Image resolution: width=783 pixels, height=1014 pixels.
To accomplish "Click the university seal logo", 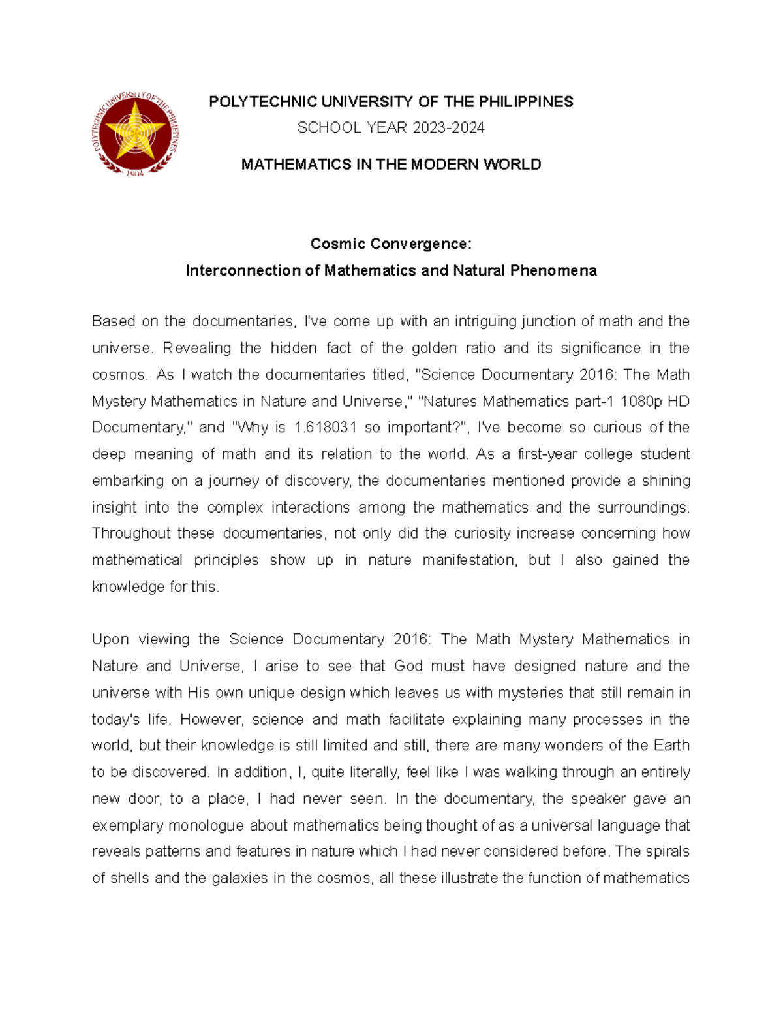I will [x=135, y=134].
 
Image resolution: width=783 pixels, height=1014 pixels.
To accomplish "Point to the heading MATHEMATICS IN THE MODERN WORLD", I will [x=391, y=165].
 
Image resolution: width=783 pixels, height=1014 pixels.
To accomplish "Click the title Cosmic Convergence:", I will [x=391, y=244].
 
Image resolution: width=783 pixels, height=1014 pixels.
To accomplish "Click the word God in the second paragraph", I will [x=408, y=666].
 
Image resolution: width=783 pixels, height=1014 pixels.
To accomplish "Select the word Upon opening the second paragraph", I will [x=110, y=640].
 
